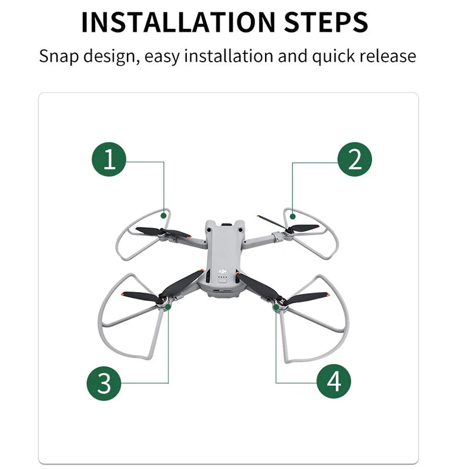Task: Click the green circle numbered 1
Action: tap(109, 159)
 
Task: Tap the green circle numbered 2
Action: tap(354, 159)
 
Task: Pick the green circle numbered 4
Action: tap(334, 381)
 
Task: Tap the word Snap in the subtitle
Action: tap(60, 56)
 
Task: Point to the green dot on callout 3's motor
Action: tap(167, 306)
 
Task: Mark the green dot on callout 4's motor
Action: tap(276, 306)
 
